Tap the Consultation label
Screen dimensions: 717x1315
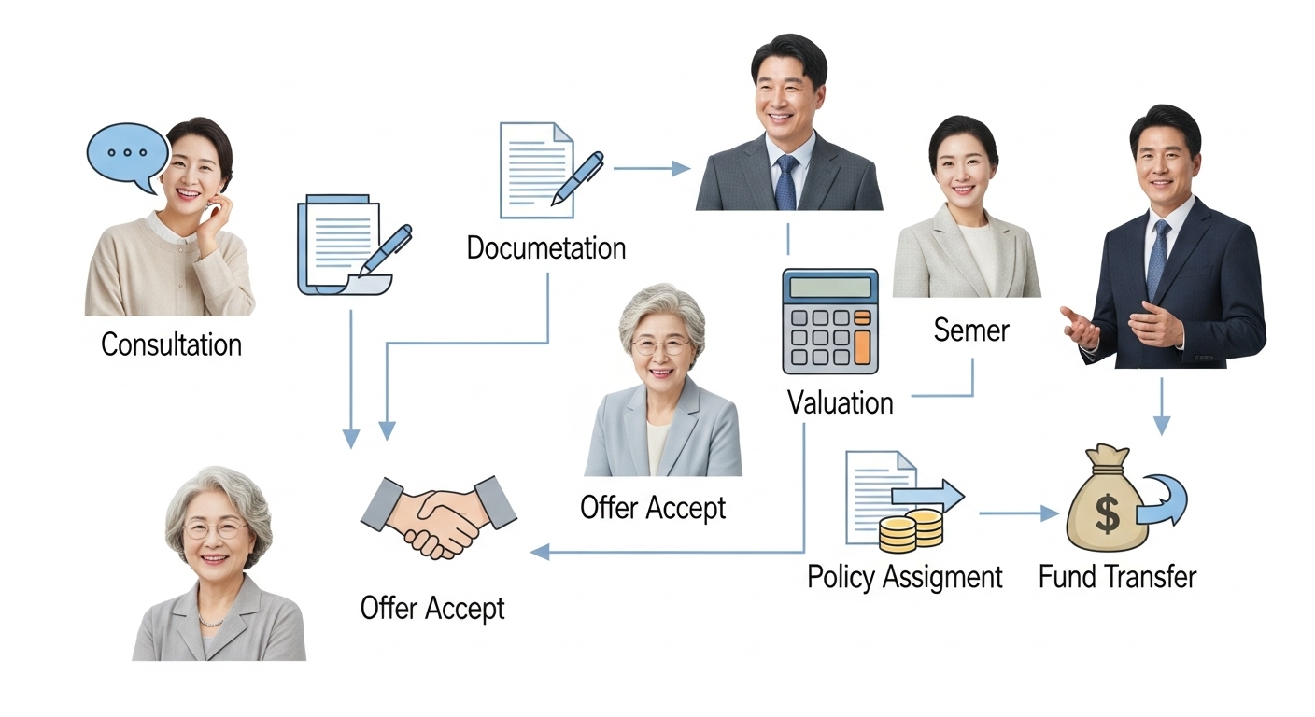pos(171,344)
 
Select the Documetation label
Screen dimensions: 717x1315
pos(545,248)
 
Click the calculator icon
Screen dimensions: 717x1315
pos(829,321)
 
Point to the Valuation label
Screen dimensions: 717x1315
pos(840,403)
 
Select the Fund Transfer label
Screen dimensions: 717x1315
pos(1117,577)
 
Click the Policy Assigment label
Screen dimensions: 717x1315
pos(904,577)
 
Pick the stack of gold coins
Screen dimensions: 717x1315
pos(911,530)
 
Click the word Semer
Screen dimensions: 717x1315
pos(971,330)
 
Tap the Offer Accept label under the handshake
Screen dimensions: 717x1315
pos(432,608)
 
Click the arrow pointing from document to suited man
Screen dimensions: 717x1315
pos(651,169)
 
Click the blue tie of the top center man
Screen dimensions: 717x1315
pos(785,182)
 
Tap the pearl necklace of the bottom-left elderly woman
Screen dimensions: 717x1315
pos(211,621)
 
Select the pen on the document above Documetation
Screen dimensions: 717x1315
pos(577,177)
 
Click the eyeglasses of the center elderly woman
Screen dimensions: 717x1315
pos(661,346)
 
